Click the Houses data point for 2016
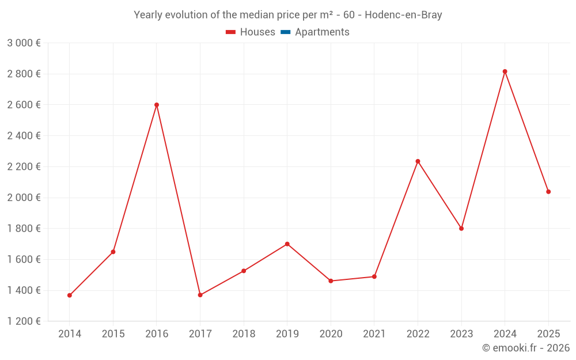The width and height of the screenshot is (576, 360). [x=157, y=105]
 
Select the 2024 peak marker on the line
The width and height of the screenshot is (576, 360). [x=505, y=71]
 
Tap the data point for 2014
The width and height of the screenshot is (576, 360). [x=70, y=295]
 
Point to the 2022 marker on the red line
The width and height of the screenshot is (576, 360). [x=418, y=161]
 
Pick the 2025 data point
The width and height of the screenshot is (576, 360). [x=548, y=192]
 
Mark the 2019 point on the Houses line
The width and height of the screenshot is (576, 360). [x=287, y=244]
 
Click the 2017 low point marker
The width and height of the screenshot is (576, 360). [x=200, y=295]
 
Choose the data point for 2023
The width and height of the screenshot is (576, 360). [x=461, y=229]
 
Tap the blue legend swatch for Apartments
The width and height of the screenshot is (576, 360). [x=286, y=32]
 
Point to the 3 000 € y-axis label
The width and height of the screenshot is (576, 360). [x=24, y=43]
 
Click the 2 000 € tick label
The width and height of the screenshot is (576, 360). [x=24, y=198]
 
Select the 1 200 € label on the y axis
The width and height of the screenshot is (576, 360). [x=24, y=321]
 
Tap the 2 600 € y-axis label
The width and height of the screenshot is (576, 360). [x=24, y=105]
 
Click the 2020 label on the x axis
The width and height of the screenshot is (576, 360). [x=331, y=334]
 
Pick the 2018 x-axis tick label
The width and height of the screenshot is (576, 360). [x=244, y=334]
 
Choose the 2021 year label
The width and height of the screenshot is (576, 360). [x=374, y=334]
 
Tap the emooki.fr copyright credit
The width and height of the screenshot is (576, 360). [x=525, y=348]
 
